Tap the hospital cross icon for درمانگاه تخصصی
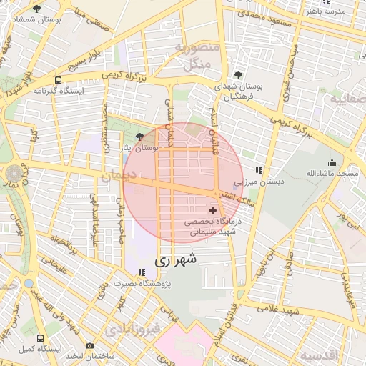tap(212, 210)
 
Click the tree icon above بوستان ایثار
tap(139, 136)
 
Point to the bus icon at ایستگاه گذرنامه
tap(56, 81)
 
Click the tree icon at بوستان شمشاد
tap(36, 8)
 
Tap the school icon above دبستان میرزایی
tap(259, 170)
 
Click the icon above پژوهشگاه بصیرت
tap(142, 273)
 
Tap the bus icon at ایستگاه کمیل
tap(39, 337)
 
